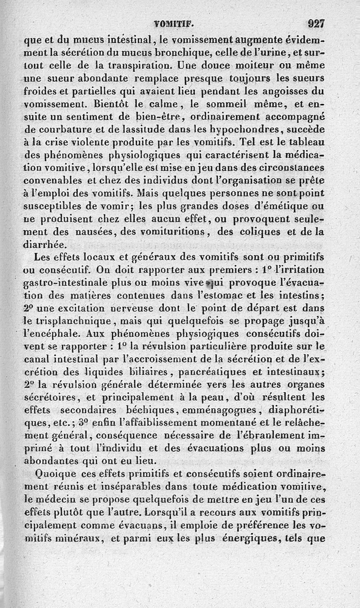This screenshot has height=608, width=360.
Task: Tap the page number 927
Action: click(x=316, y=22)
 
